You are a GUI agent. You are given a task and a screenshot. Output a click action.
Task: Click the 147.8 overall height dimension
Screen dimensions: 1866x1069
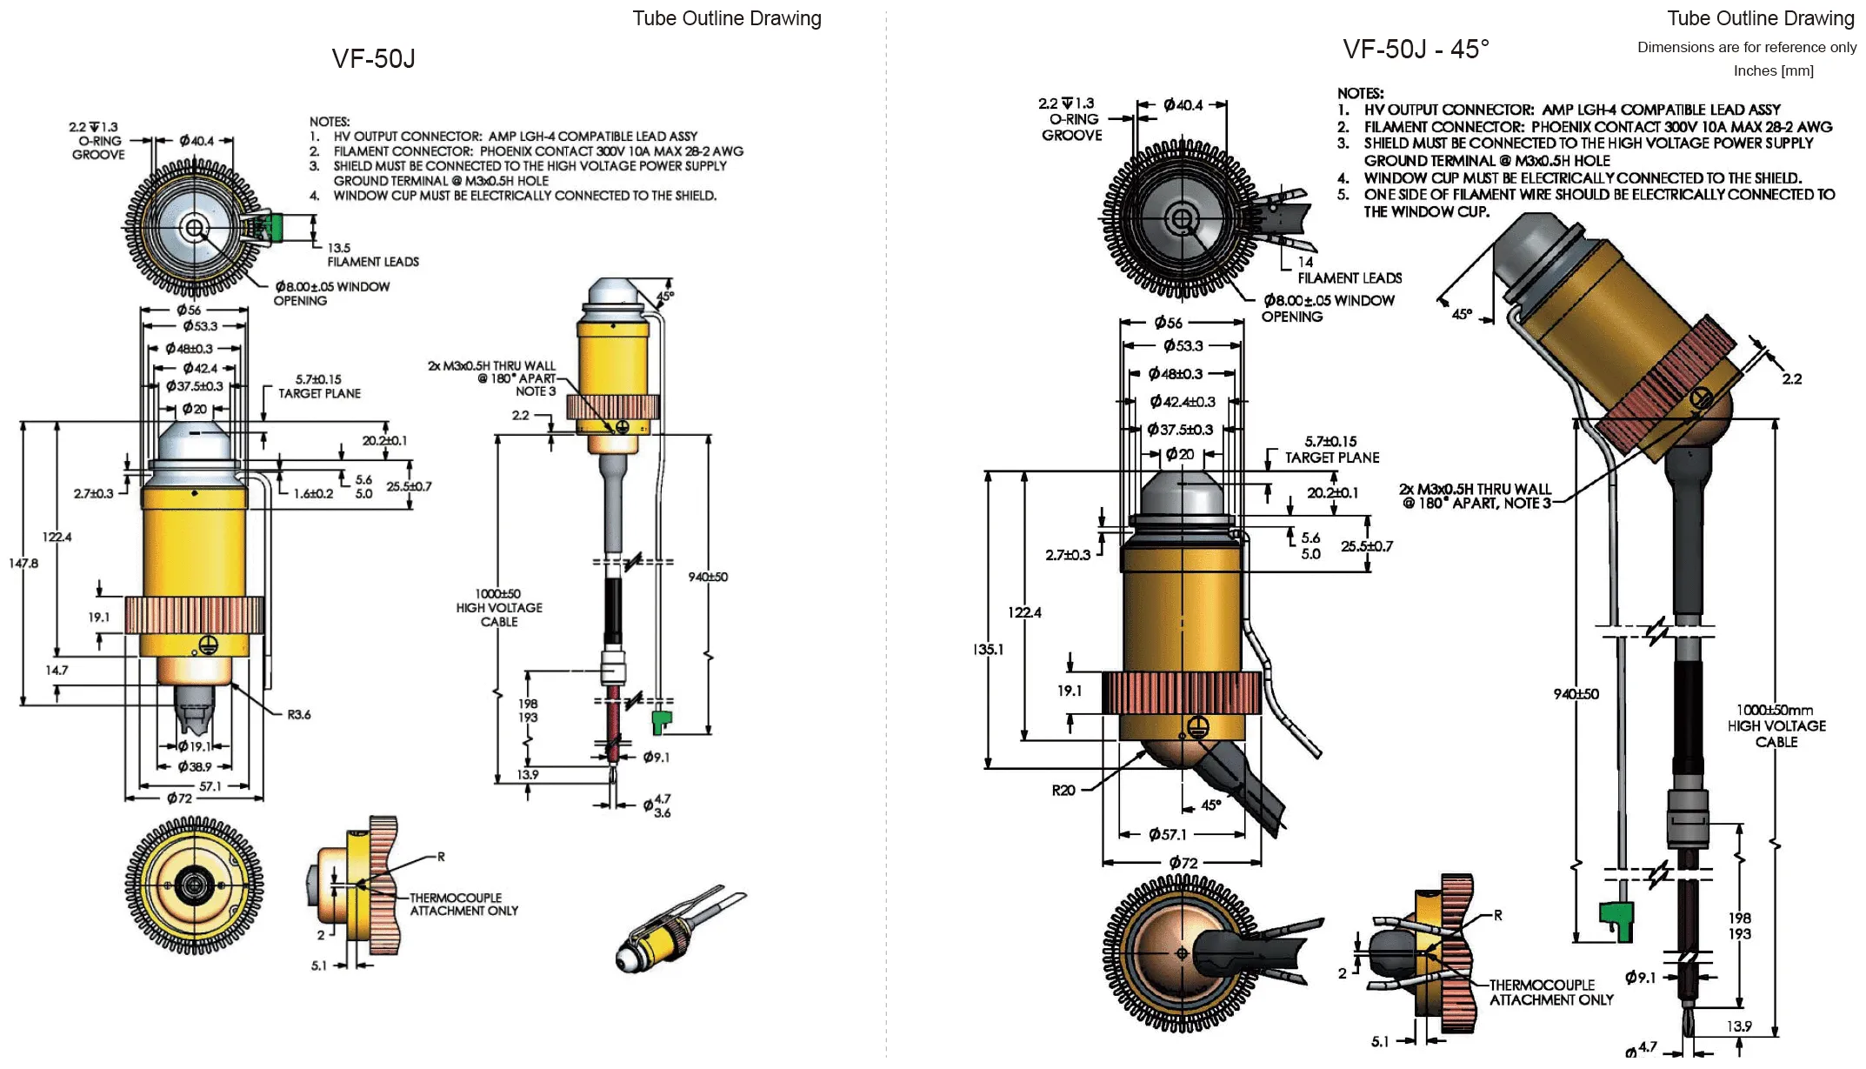pos(23,564)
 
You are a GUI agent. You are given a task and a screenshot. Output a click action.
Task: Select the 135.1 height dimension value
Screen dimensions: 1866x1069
pos(988,649)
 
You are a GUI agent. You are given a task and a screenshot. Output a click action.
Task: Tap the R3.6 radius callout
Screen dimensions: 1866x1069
pos(298,715)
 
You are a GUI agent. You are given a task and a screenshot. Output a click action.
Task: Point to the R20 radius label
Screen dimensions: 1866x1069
pos(1063,791)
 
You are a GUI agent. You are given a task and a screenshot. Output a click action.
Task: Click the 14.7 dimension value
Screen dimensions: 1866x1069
pos(57,671)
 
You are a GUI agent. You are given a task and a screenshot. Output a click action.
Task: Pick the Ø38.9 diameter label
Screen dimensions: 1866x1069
pos(194,767)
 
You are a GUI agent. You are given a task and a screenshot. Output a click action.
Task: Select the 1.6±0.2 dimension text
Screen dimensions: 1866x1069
pos(313,494)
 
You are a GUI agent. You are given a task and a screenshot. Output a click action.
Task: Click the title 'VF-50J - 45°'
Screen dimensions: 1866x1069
pos(1416,50)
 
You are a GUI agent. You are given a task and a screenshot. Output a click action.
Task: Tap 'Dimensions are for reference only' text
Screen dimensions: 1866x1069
pos(1747,47)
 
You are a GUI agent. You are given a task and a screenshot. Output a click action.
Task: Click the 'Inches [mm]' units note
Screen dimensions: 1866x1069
pos(1774,70)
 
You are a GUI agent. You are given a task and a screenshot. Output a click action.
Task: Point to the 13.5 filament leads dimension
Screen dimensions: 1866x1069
pos(339,248)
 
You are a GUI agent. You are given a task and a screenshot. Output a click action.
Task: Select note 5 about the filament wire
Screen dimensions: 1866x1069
pos(1586,203)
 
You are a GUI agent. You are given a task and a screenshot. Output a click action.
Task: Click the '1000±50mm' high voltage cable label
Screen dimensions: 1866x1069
pos(1775,710)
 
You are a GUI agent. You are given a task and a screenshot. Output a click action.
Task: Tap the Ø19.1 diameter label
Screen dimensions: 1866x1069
pos(194,746)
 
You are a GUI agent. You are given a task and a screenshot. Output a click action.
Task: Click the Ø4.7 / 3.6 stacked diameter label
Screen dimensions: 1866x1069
pos(656,805)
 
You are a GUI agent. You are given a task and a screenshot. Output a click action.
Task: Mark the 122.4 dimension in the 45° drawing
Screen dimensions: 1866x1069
pos(1024,612)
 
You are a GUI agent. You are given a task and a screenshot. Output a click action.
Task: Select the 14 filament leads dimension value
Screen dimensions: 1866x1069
pos(1305,262)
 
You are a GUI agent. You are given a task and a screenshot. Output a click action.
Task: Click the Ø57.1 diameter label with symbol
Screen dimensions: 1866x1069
pos(1167,835)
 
